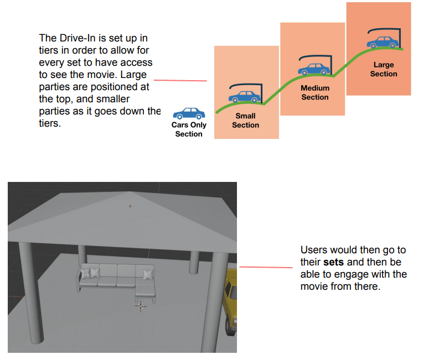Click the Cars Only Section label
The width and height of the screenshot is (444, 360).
(x=189, y=129)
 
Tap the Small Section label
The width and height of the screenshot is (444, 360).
(x=245, y=121)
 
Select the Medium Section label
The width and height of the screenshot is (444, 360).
(x=315, y=92)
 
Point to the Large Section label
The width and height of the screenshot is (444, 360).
(x=384, y=69)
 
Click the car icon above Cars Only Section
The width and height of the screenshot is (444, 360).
(x=189, y=113)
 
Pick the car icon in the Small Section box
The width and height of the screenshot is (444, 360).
(x=244, y=96)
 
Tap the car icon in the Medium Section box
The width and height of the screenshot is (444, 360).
(x=314, y=69)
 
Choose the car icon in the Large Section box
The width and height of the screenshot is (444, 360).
(x=383, y=42)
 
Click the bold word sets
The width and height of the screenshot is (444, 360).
(x=333, y=262)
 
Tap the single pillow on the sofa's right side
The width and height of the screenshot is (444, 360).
(x=148, y=274)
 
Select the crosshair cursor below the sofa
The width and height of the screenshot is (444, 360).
(x=141, y=306)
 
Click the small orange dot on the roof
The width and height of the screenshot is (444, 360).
(x=130, y=206)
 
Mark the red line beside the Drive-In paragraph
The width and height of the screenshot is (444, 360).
(x=180, y=81)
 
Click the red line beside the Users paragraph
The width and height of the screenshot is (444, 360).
(x=266, y=267)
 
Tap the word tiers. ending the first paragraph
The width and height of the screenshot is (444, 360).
(x=50, y=123)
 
